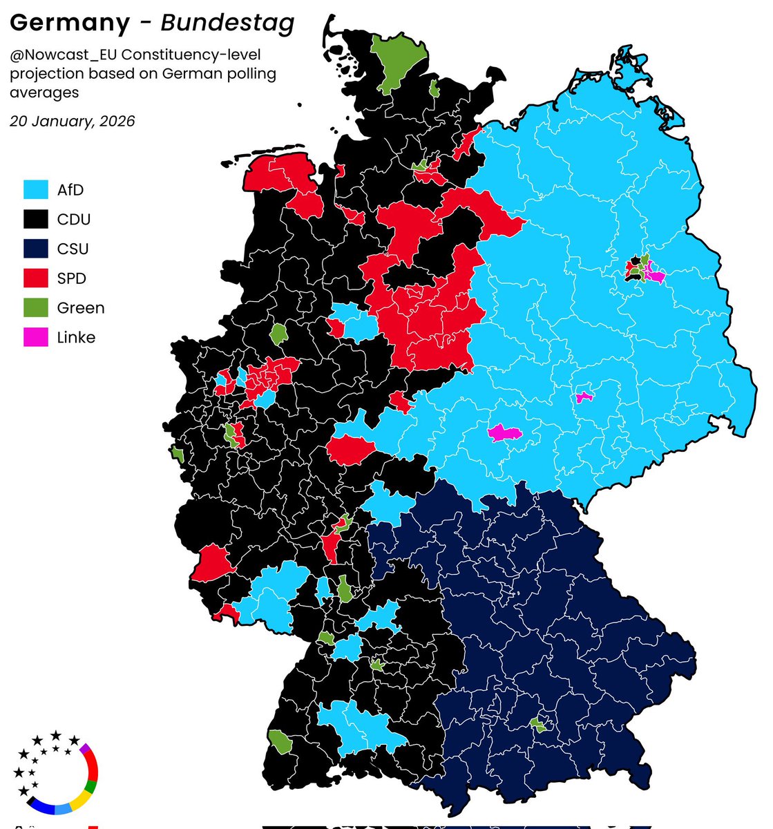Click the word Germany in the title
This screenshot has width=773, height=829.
(x=69, y=23)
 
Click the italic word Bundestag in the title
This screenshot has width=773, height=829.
(x=227, y=23)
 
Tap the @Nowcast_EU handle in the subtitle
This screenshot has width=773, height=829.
(x=65, y=54)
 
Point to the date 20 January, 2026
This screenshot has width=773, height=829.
(x=72, y=122)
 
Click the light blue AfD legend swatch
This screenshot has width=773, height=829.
(x=36, y=190)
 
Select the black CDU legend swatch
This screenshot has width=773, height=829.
(x=36, y=220)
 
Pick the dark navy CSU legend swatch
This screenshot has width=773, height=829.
(x=36, y=249)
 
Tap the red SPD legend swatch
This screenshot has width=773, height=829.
(x=36, y=278)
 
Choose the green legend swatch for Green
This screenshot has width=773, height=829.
(x=36, y=308)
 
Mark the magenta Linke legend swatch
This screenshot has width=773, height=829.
(x=36, y=338)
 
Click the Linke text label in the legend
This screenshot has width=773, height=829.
(x=76, y=338)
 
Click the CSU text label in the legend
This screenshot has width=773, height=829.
(x=73, y=249)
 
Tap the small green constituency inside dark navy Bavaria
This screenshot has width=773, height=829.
(x=537, y=725)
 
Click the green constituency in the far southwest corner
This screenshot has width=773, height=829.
(x=280, y=742)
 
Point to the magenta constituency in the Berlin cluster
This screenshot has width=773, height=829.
(x=654, y=276)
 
